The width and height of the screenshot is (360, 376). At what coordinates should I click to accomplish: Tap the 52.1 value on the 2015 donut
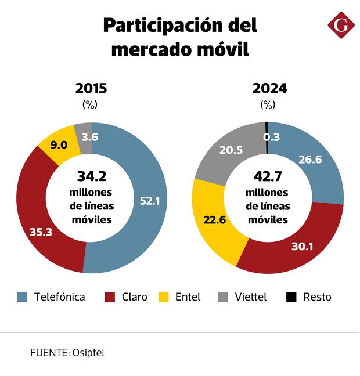[150, 201]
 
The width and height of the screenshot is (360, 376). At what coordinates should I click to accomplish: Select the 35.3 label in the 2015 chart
[40, 232]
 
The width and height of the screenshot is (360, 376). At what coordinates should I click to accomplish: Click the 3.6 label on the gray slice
[89, 138]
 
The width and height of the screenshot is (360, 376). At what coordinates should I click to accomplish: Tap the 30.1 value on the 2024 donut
[302, 246]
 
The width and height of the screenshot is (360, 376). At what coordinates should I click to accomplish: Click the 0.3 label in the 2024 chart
[271, 137]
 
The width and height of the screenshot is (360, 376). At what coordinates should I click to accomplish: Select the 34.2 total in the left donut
[91, 176]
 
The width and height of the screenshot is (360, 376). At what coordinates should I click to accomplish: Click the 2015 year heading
[91, 89]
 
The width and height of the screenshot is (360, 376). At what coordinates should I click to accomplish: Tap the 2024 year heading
[269, 89]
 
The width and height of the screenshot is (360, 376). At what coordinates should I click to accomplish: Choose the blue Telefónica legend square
[23, 297]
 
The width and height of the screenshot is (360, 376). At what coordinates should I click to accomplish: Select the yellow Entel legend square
[164, 297]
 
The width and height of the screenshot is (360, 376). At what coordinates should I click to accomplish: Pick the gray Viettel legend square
[223, 297]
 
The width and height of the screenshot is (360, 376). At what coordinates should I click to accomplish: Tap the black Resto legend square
[291, 297]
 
